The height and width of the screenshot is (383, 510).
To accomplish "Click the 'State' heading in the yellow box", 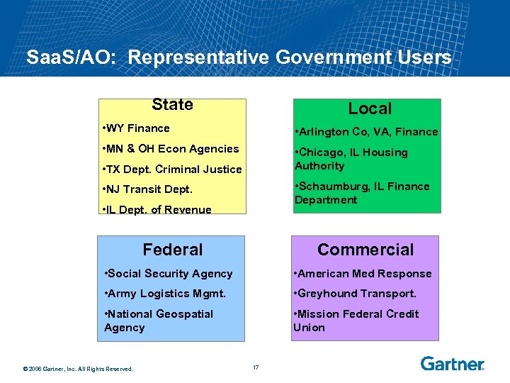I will coord(172,105).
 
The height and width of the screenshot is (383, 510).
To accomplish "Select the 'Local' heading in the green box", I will coord(370,109).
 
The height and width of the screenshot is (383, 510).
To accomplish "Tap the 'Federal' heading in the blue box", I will coord(172,250).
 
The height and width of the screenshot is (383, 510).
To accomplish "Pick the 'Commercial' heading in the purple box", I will coord(365,250).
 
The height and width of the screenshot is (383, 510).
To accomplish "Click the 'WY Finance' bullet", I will coord(137,128).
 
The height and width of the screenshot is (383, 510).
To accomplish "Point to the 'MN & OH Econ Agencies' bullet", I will coord(171,149).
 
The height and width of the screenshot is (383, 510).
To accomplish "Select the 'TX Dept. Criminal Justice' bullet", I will coord(172,170).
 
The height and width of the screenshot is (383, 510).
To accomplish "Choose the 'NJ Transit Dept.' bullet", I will coord(147,189).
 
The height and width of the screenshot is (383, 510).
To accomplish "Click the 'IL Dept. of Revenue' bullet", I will coord(157,209).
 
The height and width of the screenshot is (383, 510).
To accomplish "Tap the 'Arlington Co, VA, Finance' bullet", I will coord(367,132).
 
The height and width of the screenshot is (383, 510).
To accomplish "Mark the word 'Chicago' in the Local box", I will coord(322,152).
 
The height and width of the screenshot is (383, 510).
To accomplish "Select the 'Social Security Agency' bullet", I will coord(168,274).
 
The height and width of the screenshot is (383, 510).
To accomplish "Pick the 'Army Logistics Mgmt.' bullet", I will coord(164,294).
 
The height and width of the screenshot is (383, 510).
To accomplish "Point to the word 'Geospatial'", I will coord(184,314).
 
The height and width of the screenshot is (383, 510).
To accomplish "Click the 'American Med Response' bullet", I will coord(363,274).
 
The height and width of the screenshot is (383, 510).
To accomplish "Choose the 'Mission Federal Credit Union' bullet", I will coord(356,321).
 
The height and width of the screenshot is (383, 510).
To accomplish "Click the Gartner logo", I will coord(452,364).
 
